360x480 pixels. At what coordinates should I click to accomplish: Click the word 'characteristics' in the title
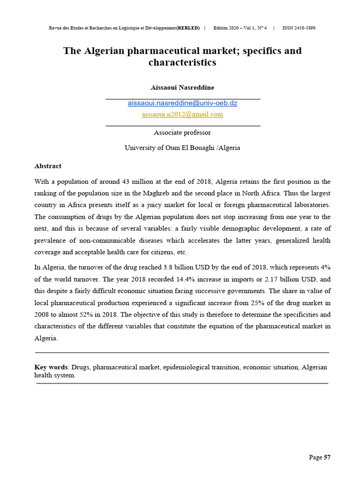point(182,62)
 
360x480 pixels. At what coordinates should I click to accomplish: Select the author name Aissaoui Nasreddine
point(182,88)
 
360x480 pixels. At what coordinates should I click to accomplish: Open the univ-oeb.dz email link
point(182,103)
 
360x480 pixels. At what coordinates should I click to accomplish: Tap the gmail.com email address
point(182,114)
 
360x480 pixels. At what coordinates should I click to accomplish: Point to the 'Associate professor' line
point(182,133)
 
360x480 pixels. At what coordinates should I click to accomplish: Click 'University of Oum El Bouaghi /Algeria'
point(182,148)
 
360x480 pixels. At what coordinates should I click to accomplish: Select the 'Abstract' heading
point(48,166)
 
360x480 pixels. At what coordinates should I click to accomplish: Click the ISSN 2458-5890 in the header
point(299,28)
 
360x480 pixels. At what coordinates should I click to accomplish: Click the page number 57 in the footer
point(327,458)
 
